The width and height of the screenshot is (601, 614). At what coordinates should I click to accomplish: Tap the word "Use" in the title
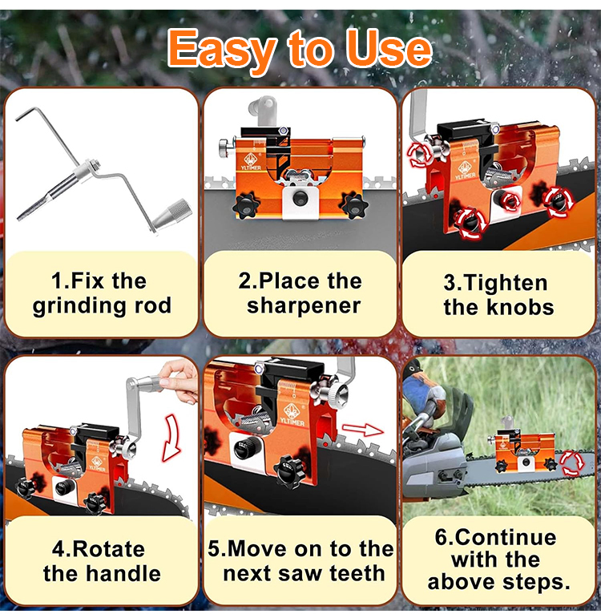click(x=389, y=49)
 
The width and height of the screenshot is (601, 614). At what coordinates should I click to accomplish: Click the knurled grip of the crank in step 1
click(x=172, y=214)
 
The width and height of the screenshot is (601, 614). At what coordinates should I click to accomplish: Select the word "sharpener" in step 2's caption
click(x=304, y=305)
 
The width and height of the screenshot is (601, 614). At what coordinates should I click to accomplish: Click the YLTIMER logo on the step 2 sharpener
click(x=251, y=162)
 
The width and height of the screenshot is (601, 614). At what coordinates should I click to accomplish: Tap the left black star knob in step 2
click(x=246, y=205)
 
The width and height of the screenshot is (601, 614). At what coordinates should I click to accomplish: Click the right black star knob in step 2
click(x=355, y=205)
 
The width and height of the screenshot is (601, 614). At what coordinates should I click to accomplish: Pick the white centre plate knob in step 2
click(x=300, y=199)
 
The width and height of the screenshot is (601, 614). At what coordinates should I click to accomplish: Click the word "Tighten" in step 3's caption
click(x=495, y=283)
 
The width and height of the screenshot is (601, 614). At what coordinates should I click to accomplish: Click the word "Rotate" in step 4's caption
click(x=99, y=549)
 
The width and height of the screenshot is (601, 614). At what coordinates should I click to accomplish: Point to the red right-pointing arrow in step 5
click(x=362, y=430)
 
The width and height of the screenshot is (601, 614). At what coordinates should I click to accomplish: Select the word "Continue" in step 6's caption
click(x=495, y=537)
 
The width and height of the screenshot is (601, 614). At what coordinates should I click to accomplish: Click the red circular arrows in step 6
click(x=572, y=463)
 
